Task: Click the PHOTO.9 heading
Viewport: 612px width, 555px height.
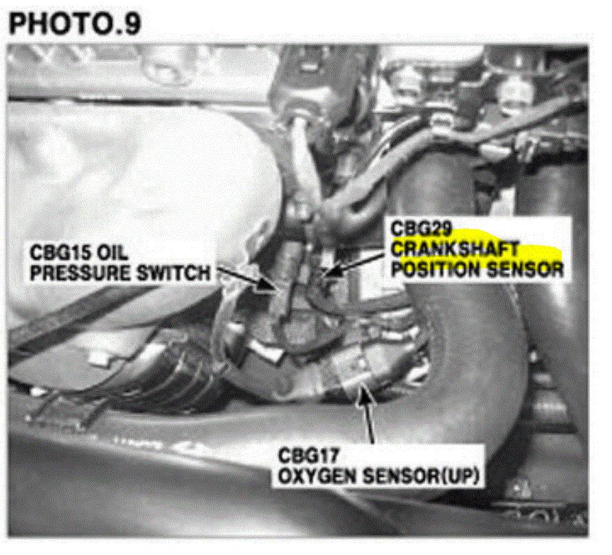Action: (x=75, y=23)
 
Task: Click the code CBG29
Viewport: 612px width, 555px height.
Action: (x=421, y=229)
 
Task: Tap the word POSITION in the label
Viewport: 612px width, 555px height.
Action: (x=435, y=270)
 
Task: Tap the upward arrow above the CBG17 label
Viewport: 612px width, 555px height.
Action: (x=367, y=414)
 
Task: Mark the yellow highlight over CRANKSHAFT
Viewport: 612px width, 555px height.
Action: (x=476, y=248)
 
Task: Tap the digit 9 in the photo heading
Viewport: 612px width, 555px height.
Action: (x=131, y=23)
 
